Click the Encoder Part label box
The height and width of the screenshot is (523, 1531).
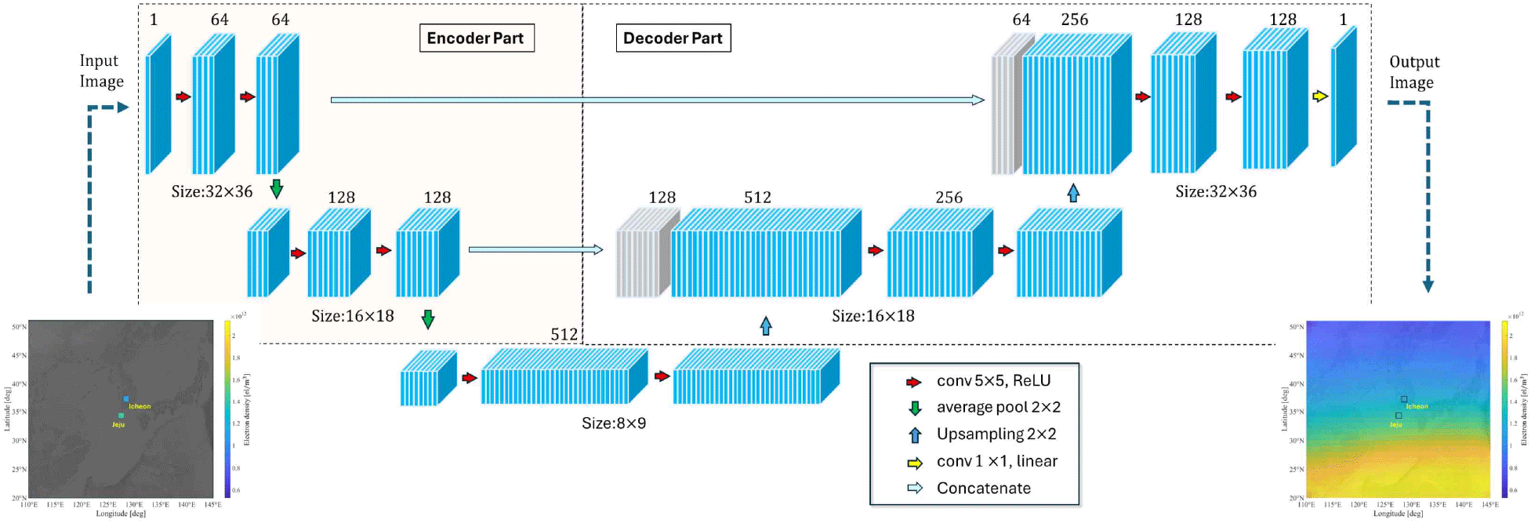(476, 38)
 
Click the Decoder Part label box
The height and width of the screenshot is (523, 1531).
(673, 38)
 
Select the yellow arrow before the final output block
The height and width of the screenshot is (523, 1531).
(1320, 96)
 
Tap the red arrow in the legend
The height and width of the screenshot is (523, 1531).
(914, 383)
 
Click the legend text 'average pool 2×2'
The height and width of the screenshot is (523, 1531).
(998, 407)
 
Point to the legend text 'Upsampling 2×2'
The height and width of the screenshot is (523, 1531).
(996, 434)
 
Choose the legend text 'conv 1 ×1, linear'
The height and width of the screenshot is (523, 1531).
(996, 461)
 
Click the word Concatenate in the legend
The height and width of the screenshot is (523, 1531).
(983, 488)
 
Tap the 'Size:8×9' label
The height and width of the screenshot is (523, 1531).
(614, 423)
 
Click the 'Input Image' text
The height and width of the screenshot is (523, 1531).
(101, 71)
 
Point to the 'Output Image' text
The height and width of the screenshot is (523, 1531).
(1413, 72)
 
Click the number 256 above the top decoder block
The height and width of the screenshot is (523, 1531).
(1074, 20)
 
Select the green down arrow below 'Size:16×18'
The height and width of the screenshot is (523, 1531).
(427, 319)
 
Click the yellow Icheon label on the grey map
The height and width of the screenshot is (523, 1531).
(140, 406)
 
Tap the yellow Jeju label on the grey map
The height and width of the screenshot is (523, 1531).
(118, 424)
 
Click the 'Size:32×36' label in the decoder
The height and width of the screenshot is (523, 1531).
(1215, 191)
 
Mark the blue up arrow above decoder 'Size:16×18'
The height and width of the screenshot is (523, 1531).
(766, 325)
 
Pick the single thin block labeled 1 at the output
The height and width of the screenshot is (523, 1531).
(1343, 98)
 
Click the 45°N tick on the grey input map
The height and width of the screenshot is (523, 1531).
(19, 355)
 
